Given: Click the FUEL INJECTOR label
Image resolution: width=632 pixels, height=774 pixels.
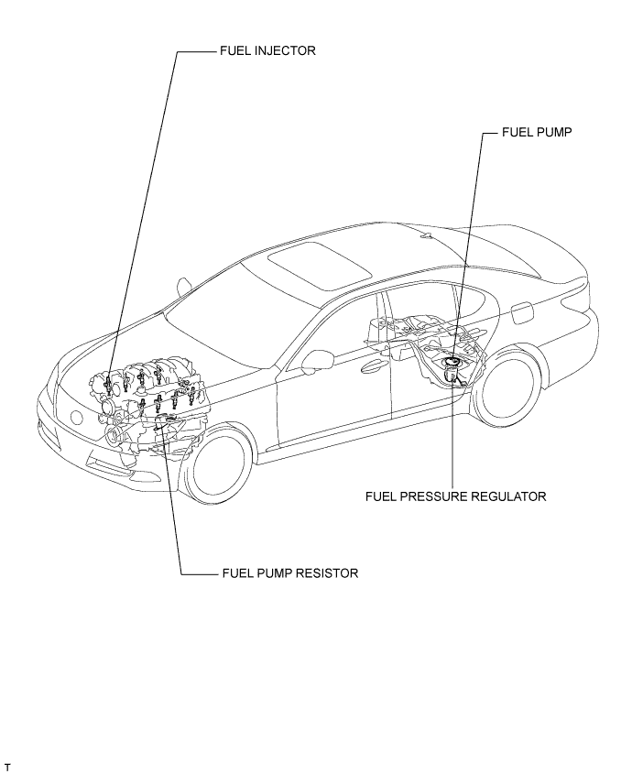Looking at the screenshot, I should (x=267, y=52).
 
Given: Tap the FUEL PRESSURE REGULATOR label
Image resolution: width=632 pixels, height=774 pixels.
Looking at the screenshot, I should (x=455, y=496).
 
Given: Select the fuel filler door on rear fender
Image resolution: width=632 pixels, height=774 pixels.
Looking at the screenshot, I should (x=521, y=311).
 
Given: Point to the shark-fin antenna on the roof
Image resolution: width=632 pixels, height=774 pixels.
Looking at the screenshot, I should (x=426, y=235).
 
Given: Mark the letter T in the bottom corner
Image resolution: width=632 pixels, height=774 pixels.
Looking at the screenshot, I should (x=7, y=765).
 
